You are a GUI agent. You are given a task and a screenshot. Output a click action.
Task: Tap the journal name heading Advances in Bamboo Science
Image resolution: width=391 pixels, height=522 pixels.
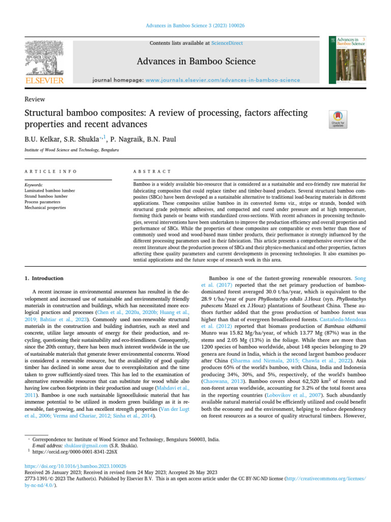pos(195,62)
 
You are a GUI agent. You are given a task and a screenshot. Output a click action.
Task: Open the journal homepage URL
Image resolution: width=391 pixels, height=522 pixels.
pos(222,81)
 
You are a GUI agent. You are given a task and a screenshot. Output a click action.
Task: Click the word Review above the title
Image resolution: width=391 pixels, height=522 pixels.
pos(35,99)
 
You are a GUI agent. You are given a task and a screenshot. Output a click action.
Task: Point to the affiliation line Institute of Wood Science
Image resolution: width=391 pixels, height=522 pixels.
pos(71,150)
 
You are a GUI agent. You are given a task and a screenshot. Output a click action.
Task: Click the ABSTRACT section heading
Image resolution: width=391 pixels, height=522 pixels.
pos(152,171)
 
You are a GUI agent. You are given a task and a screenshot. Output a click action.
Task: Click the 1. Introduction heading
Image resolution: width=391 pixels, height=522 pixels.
pos(44,278)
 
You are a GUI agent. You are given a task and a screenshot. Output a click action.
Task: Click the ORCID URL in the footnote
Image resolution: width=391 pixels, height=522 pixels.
pos(75,451)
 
